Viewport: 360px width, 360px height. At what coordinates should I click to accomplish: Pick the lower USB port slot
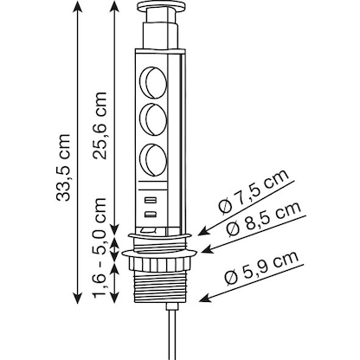tap(151, 213)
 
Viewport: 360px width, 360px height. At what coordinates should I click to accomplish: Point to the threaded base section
tap(161, 282)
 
